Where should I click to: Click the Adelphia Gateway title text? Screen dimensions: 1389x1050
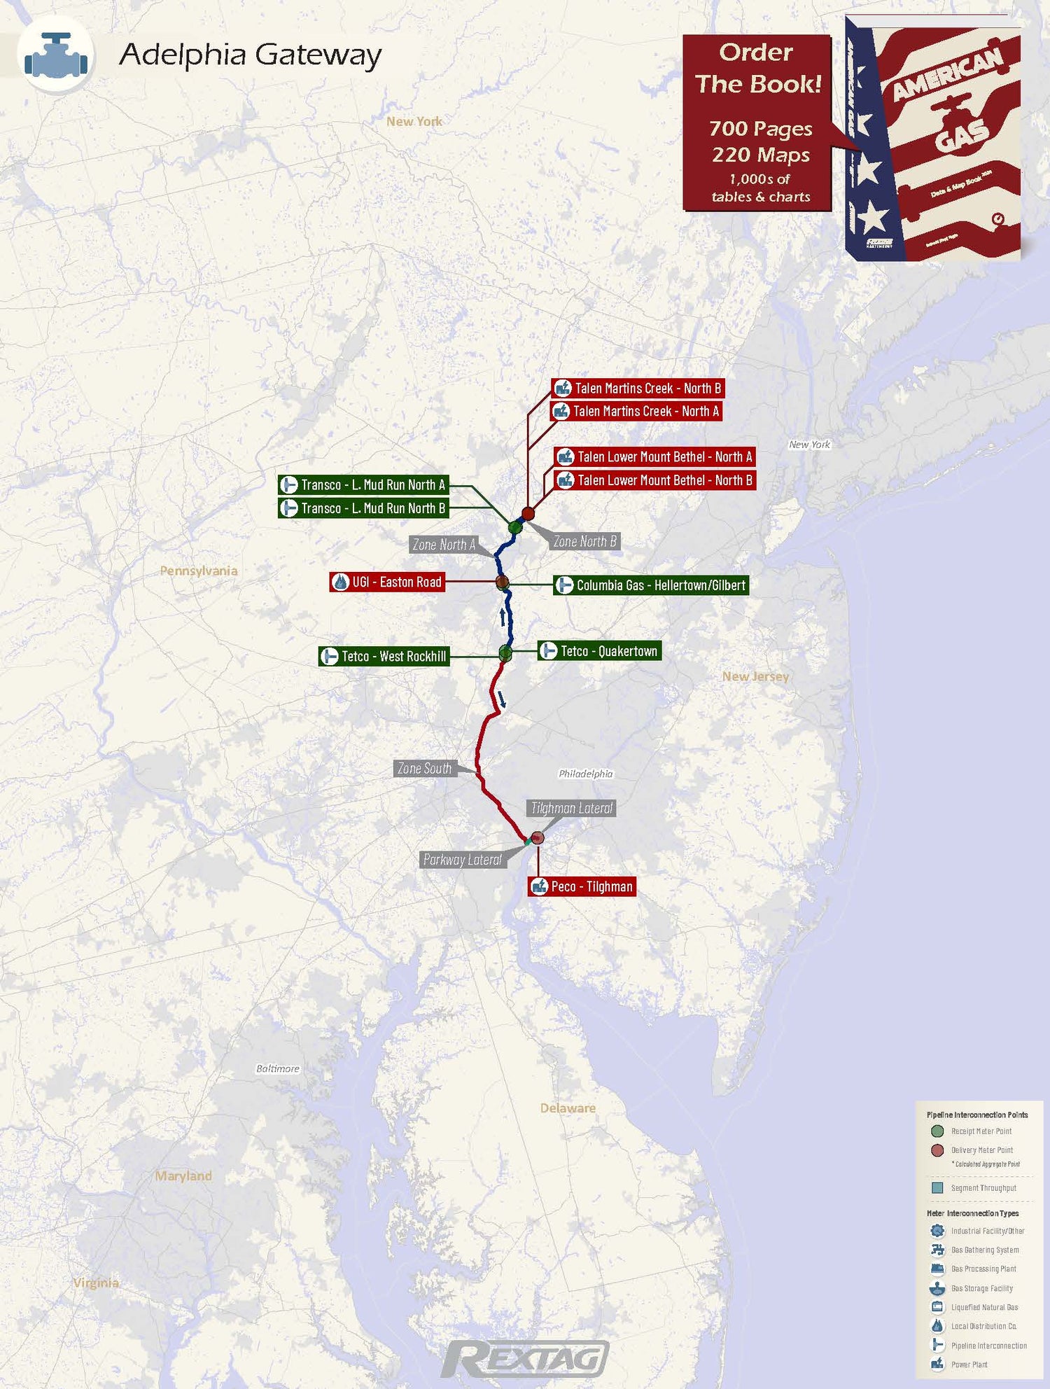tap(250, 55)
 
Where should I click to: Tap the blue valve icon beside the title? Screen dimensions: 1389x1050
tap(56, 55)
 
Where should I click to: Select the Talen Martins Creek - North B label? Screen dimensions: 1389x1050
tap(638, 389)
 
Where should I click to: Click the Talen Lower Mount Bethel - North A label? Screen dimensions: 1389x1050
tap(655, 457)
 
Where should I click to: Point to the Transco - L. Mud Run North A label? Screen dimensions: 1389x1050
tap(363, 484)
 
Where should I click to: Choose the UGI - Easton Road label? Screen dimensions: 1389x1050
tap(387, 582)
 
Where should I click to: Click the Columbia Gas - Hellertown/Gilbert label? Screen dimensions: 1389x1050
tap(652, 585)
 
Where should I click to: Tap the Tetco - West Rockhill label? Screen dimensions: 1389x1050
tap(384, 656)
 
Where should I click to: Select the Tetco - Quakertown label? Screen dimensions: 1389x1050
tap(599, 651)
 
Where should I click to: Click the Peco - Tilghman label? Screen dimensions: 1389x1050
tap(582, 886)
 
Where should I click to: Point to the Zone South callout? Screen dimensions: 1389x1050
tap(424, 769)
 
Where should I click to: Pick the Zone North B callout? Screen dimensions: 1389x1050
tap(584, 541)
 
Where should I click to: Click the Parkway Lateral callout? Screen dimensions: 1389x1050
tap(462, 860)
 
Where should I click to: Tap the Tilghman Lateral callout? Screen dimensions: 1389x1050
tap(572, 808)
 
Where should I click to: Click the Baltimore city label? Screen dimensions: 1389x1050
tap(277, 1068)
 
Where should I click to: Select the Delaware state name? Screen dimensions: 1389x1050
tap(568, 1108)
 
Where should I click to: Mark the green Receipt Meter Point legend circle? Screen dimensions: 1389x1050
tap(937, 1131)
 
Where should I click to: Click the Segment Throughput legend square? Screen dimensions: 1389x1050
tap(937, 1187)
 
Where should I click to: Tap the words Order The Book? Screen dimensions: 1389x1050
tap(757, 68)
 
